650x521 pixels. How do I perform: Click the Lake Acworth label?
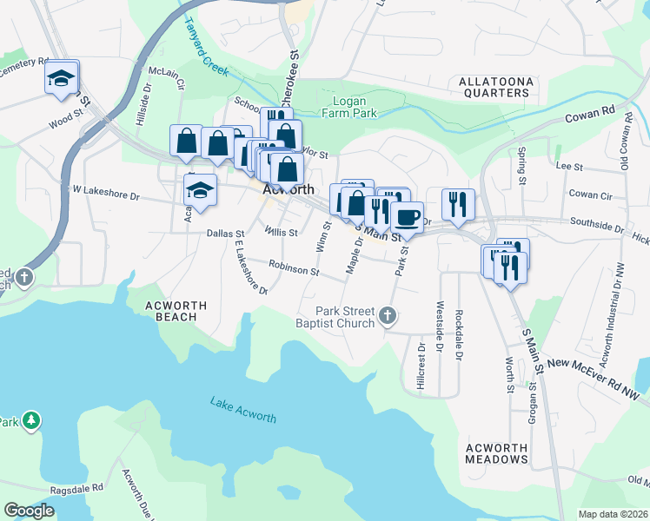click(243, 410)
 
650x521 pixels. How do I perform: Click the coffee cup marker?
click(407, 217)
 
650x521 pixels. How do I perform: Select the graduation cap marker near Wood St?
click(63, 78)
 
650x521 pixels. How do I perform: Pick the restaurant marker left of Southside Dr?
click(458, 205)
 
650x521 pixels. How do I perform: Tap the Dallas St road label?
click(227, 233)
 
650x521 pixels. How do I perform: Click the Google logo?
click(29, 511)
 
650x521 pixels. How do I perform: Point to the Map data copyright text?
click(613, 514)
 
